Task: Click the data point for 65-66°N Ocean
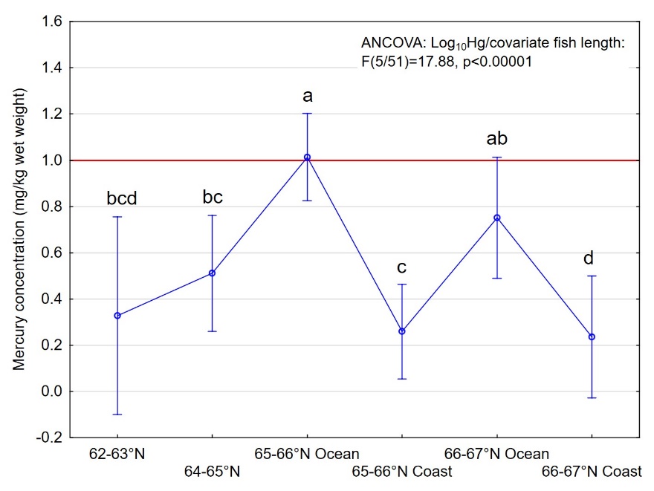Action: coord(307,157)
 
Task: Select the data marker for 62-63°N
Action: coord(117,316)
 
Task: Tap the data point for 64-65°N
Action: coord(212,273)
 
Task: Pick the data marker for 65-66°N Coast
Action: coord(402,331)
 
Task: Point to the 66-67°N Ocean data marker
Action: coord(497,218)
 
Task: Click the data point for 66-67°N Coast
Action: coord(592,336)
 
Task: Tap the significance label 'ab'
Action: coord(496,139)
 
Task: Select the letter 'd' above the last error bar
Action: coord(589,258)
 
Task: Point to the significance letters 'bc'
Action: coord(213,198)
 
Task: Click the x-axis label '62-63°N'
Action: coord(117,454)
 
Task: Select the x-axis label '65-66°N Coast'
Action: coord(402,471)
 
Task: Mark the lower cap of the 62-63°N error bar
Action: coord(117,414)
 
